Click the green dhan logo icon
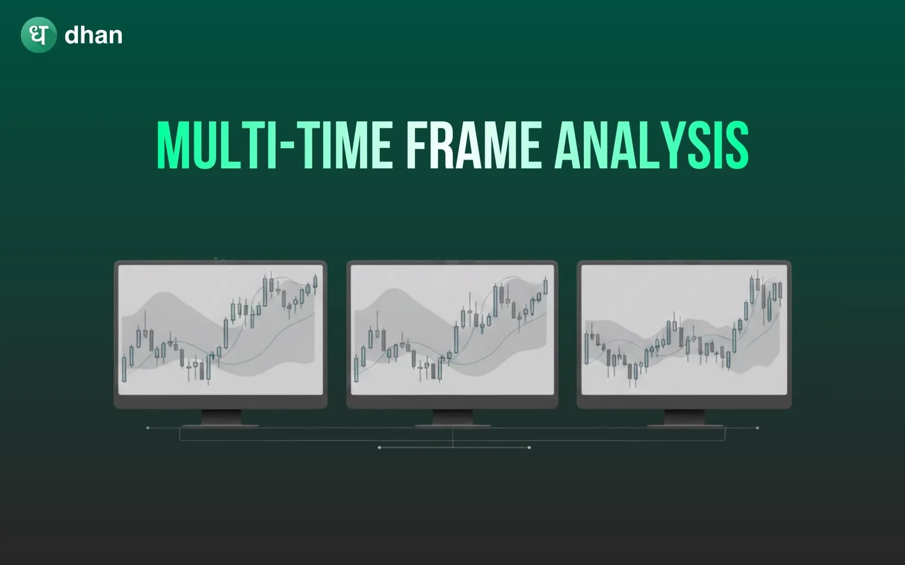[38, 35]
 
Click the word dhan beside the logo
[93, 36]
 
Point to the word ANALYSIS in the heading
[651, 145]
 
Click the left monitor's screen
[221, 329]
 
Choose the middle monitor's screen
[452, 329]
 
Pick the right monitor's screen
[684, 329]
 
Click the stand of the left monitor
[221, 417]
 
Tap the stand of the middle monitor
[452, 417]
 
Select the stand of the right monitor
[684, 417]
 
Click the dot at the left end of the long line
[148, 428]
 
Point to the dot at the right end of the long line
[757, 428]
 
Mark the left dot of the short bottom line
[380, 448]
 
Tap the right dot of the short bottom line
[529, 448]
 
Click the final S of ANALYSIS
[737, 145]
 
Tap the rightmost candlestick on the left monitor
[315, 282]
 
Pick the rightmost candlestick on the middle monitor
[546, 286]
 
